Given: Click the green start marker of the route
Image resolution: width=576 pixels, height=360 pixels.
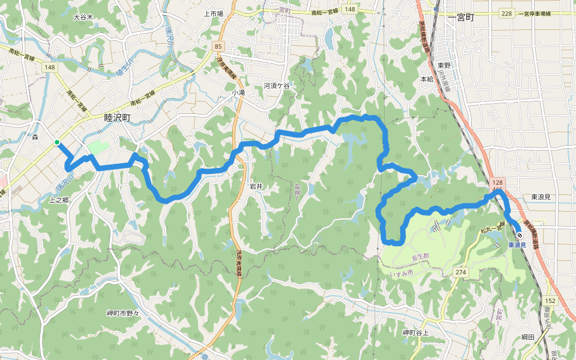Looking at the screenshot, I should [57, 142].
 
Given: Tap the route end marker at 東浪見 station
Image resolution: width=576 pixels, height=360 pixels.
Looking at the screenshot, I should [519, 236].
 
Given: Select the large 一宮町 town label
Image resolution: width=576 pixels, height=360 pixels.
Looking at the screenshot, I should [461, 18].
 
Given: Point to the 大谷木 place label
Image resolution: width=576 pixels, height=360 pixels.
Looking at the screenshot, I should [83, 17].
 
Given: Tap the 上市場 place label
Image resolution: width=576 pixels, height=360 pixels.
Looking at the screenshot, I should [214, 13].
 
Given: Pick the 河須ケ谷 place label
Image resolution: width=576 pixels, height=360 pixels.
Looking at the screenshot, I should [277, 86].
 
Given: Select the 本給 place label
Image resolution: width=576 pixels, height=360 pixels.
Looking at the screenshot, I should [427, 79].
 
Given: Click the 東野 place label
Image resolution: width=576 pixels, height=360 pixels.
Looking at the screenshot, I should [444, 65].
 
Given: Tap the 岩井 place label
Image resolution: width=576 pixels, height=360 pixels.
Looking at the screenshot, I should [256, 187].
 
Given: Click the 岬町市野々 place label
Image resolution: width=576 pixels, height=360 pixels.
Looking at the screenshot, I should [122, 313].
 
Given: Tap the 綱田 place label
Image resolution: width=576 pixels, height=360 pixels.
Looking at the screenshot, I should [528, 337].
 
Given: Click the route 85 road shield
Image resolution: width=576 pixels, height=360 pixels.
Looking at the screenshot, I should [217, 46].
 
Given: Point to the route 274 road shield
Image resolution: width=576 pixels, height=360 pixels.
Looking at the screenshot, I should [461, 272].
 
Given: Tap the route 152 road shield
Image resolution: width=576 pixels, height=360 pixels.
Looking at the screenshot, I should [551, 300].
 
